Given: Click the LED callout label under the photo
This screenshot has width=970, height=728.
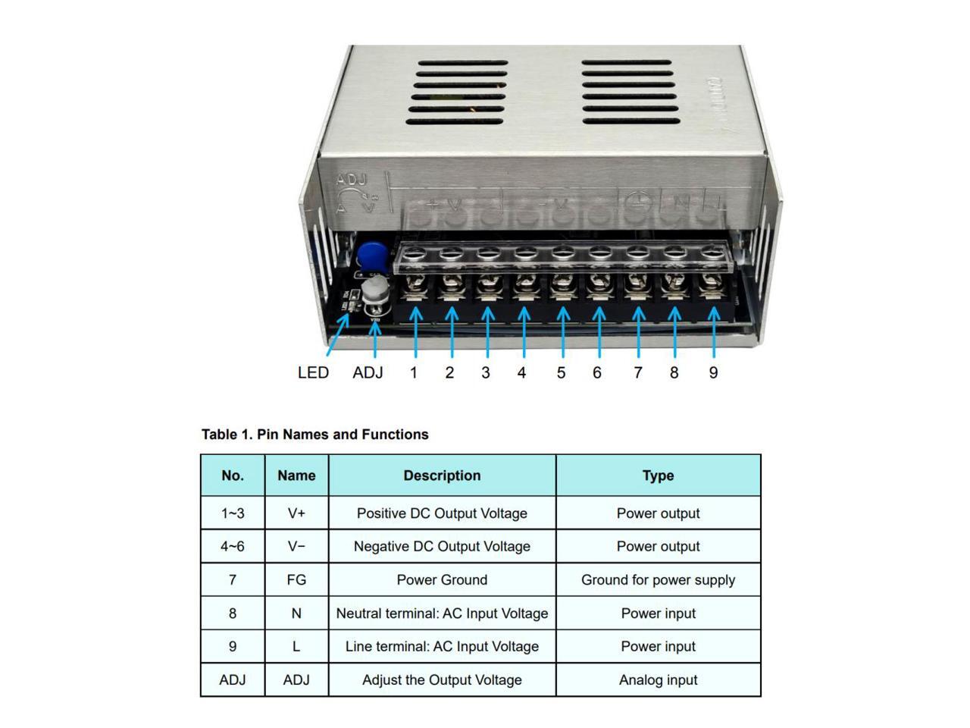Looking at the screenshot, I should click(x=313, y=373).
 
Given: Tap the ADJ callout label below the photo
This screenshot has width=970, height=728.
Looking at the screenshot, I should click(x=368, y=373).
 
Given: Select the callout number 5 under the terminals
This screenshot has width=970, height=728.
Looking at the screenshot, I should click(x=561, y=373).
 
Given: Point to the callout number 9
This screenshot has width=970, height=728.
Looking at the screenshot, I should click(x=713, y=373).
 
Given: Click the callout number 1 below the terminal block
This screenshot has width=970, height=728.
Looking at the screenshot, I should click(x=414, y=373).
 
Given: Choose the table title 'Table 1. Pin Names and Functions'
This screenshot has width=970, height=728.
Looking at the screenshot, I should click(x=314, y=435).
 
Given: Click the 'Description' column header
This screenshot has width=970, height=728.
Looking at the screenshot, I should click(x=442, y=475).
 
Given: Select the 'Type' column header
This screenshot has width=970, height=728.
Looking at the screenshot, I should click(x=658, y=475).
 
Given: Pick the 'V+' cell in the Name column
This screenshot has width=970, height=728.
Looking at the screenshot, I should click(x=296, y=513).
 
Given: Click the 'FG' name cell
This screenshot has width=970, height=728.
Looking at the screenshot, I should click(x=296, y=580).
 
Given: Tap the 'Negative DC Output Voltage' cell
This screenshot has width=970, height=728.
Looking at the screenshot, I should click(x=442, y=547).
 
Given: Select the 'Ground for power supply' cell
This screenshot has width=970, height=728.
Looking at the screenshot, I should click(x=658, y=580).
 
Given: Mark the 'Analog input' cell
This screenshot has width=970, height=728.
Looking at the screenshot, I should click(x=658, y=680).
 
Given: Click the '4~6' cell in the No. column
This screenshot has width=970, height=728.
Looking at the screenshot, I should click(x=233, y=547).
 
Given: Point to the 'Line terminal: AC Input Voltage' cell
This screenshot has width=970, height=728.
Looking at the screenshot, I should click(x=442, y=647).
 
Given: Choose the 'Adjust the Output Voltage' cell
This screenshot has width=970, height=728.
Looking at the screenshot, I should click(x=442, y=680).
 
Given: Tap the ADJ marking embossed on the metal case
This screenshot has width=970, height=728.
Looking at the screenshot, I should click(x=351, y=180).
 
